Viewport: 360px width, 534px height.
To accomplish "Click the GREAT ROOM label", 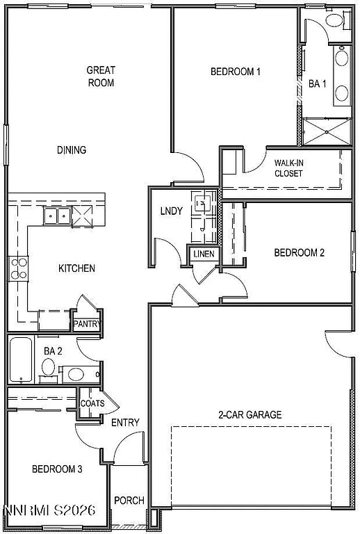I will [100, 76].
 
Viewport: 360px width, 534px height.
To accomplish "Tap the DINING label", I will [72, 149].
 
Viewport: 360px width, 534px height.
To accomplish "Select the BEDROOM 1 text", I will [235, 71].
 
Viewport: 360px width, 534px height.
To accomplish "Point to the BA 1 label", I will [318, 83].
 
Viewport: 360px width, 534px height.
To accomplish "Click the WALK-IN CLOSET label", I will [288, 168].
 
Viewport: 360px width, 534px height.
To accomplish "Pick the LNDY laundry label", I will [171, 211].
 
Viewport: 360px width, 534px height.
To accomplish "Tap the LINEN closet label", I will [204, 254].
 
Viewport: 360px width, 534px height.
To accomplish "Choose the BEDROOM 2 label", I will [299, 253].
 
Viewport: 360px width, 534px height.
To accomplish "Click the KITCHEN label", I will [76, 268].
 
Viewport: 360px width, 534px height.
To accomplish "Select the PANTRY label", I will [88, 324].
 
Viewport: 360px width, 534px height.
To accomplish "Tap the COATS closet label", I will [92, 403].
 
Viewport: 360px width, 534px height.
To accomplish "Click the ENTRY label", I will [125, 422].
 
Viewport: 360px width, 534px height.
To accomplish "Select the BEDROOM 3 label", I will [57, 469].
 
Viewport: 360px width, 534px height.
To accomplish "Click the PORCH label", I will [129, 501].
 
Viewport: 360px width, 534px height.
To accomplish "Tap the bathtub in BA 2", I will [22, 359].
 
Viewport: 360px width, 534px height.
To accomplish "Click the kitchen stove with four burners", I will [19, 268].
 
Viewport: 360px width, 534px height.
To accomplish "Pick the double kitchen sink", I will [56, 217].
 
